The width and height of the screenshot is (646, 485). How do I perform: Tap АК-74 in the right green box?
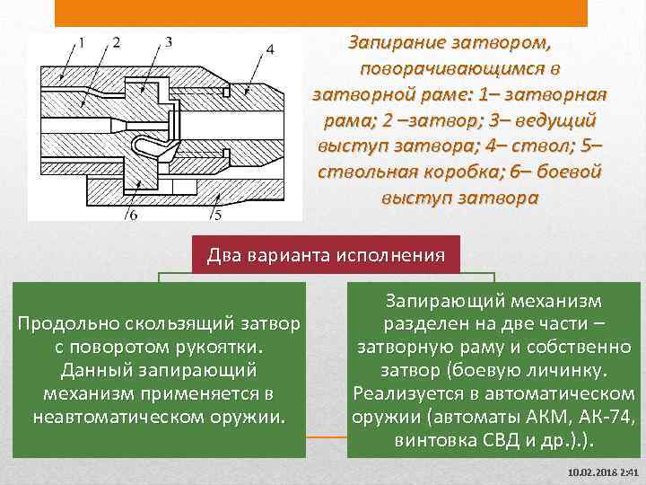(x=607, y=418)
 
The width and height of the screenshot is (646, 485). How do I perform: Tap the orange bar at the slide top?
(x=321, y=12)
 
